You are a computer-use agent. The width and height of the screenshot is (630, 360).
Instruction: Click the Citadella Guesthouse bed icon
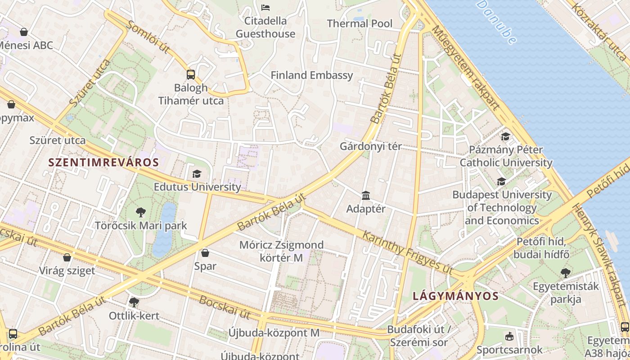265,8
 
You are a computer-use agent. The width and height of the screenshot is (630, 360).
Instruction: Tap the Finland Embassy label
311,75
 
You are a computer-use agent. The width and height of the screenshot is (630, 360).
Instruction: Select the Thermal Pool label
360,23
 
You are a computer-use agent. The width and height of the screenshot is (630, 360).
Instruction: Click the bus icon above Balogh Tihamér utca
191,74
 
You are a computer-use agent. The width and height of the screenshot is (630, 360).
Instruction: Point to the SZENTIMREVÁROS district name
103,162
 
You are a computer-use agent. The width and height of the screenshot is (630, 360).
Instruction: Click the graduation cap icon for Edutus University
197,174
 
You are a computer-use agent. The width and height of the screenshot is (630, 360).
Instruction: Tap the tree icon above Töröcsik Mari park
140,212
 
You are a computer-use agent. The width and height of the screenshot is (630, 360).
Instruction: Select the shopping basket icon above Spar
205,253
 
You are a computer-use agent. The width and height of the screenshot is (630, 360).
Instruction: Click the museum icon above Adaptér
366,196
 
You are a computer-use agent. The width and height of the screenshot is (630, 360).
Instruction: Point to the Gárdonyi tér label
370,147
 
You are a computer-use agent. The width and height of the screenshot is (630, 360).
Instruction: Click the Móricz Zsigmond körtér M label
281,252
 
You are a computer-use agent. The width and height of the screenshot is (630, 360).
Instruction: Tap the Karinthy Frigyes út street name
408,252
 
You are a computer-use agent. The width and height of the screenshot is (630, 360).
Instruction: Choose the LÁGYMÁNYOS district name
455,296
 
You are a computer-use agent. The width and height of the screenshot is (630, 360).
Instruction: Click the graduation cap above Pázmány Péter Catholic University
506,136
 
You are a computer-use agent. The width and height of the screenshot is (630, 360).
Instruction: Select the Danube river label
497,22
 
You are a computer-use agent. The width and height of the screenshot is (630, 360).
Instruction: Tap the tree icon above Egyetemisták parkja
565,273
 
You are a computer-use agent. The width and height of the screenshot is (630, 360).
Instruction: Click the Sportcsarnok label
509,350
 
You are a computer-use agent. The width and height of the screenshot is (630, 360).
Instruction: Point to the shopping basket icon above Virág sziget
67,257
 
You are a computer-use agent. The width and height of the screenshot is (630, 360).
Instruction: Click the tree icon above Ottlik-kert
134,302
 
